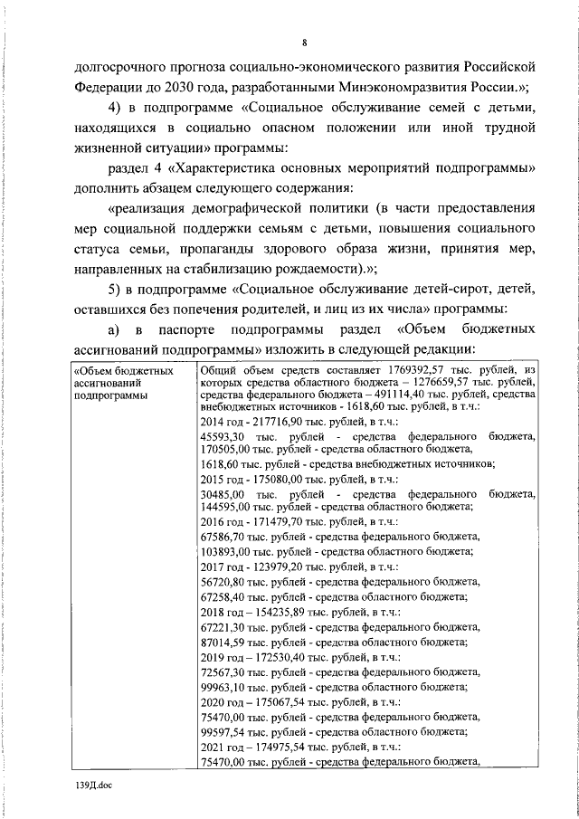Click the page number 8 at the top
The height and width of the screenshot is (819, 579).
tap(305, 43)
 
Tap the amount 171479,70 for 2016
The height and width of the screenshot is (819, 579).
tap(275, 522)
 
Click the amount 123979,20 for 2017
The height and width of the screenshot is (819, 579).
tap(275, 566)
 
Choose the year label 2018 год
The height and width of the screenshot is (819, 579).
tap(216, 612)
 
